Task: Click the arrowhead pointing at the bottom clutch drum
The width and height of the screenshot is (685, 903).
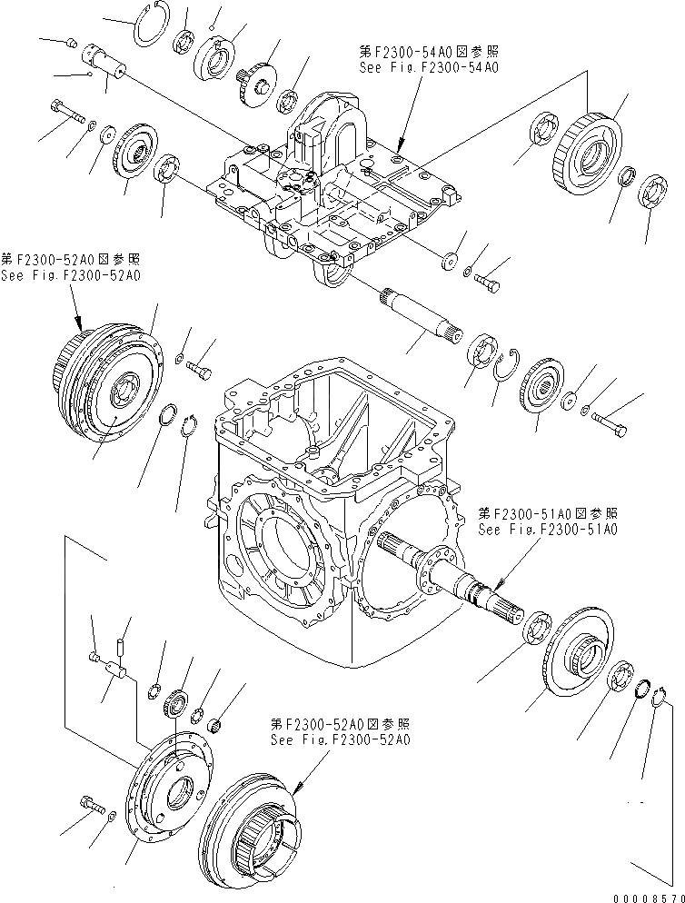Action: point(297,782)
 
